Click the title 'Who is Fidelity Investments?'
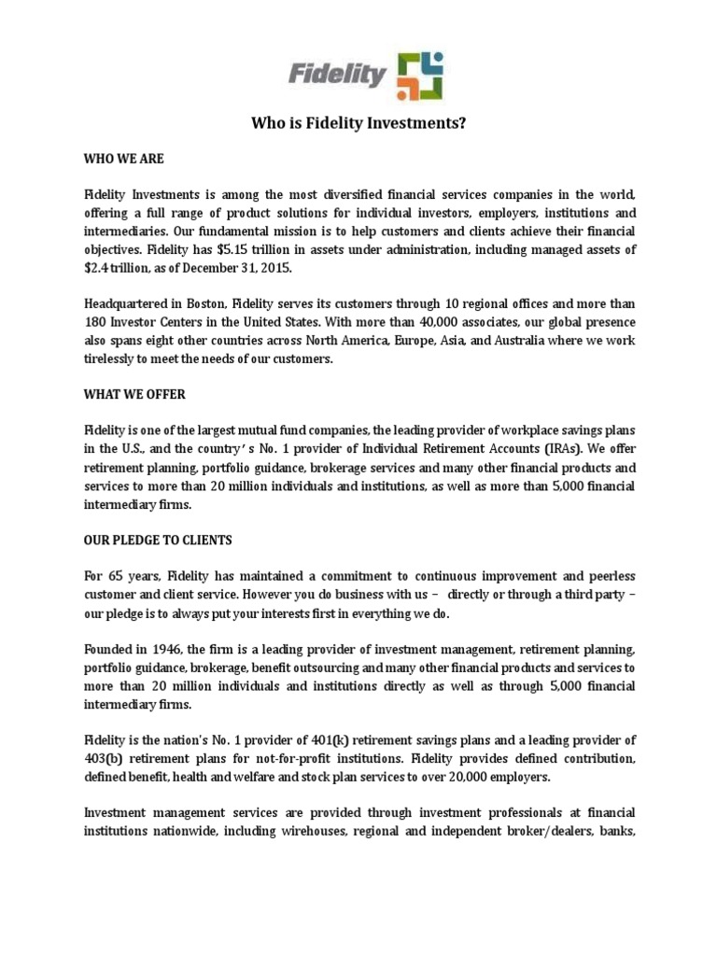(x=358, y=122)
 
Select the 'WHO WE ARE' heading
(x=124, y=159)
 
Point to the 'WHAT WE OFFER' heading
(x=135, y=394)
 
